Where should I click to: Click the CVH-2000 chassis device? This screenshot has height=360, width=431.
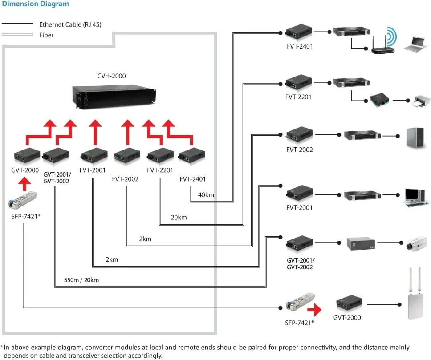pyautogui.click(x=114, y=97)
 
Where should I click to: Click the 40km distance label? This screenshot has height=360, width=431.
pyautogui.click(x=206, y=195)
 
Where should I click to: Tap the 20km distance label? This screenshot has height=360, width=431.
pyautogui.click(x=179, y=217)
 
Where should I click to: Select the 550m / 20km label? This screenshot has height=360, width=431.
pyautogui.click(x=81, y=280)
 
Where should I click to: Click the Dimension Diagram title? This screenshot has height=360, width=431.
pyautogui.click(x=36, y=4)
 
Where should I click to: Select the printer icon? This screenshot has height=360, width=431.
pyautogui.click(x=421, y=101)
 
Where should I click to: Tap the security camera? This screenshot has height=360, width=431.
pyautogui.click(x=416, y=243)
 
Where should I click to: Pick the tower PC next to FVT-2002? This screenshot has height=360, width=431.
pyautogui.click(x=415, y=138)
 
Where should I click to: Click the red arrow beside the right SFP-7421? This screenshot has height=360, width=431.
pyautogui.click(x=314, y=310)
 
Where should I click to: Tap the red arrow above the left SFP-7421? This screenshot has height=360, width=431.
pyautogui.click(x=25, y=184)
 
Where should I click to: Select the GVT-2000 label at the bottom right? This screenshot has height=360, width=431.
pyautogui.click(x=347, y=318)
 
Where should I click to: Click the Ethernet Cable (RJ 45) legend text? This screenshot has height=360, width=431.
pyautogui.click(x=70, y=25)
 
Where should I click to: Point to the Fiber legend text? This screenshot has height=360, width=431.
pyautogui.click(x=46, y=35)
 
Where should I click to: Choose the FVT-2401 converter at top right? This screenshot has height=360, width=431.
pyautogui.click(x=299, y=32)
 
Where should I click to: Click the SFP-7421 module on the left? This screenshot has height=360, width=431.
pyautogui.click(x=23, y=200)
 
